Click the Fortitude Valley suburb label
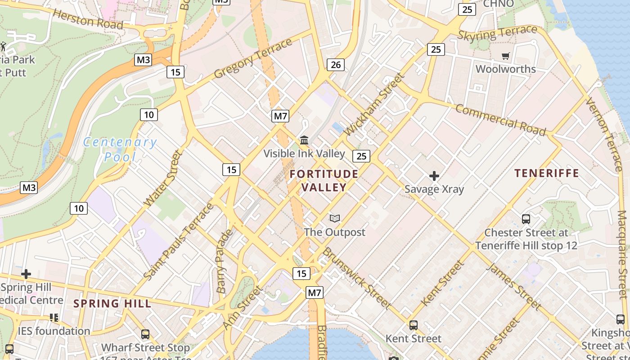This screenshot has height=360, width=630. (324, 180)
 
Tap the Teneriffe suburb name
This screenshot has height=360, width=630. (546, 173)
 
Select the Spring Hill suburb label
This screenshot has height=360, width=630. (112, 303)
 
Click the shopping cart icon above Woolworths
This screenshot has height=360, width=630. (506, 56)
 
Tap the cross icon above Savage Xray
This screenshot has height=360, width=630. (434, 175)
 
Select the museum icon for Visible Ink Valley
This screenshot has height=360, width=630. (304, 140)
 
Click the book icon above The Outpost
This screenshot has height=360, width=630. (334, 219)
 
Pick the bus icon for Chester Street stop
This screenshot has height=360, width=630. (526, 219)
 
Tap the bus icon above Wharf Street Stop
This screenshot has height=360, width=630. (145, 334)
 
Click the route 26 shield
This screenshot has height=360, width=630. (336, 65)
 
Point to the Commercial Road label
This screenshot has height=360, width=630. (500, 120)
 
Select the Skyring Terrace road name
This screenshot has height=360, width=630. (497, 33)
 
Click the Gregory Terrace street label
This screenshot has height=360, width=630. (253, 58)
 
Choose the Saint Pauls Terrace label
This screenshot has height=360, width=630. (179, 241)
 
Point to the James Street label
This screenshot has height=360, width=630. (514, 287)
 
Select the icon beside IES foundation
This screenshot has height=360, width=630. (54, 318)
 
